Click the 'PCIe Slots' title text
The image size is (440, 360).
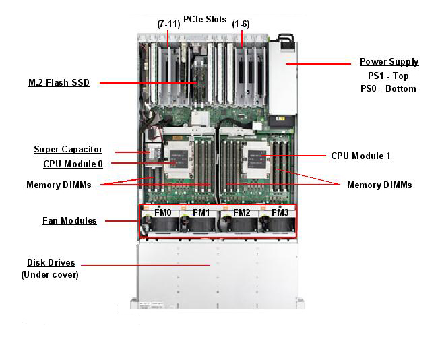click(x=205, y=19)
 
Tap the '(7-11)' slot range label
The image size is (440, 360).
click(x=168, y=24)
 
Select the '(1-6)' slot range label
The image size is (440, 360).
click(x=241, y=24)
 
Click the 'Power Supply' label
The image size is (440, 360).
click(x=389, y=62)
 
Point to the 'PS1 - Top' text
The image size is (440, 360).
click(x=388, y=76)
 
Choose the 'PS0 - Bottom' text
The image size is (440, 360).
click(x=388, y=88)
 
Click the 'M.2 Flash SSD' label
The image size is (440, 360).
click(x=59, y=83)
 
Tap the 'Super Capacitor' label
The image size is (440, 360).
click(x=68, y=149)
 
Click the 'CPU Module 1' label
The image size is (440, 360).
click(x=360, y=156)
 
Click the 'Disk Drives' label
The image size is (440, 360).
click(x=51, y=262)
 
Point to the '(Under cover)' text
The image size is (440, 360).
click(x=50, y=274)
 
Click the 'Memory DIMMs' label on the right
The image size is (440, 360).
click(x=379, y=185)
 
